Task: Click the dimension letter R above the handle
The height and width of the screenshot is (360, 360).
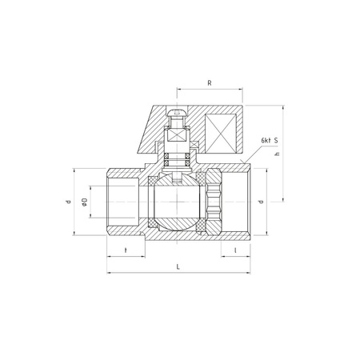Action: (208, 82)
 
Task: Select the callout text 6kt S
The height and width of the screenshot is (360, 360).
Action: (270, 141)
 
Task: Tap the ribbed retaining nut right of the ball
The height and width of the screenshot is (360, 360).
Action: (212, 202)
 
